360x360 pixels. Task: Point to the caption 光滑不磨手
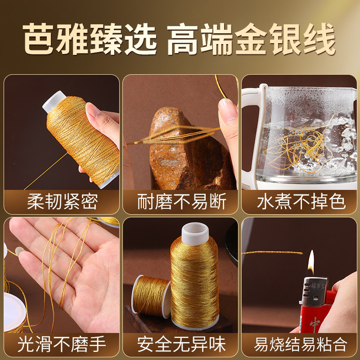point(62,345)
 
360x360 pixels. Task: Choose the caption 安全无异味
point(181,345)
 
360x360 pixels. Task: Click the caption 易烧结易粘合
point(301,345)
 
